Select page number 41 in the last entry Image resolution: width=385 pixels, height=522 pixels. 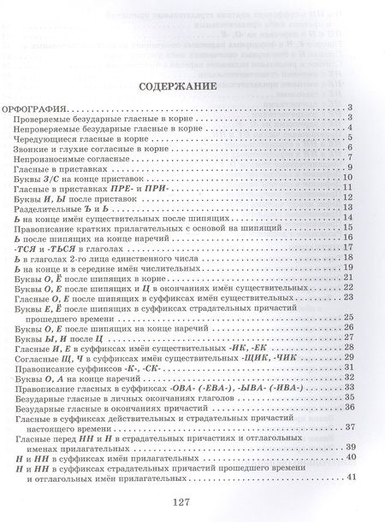(x=350, y=475)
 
